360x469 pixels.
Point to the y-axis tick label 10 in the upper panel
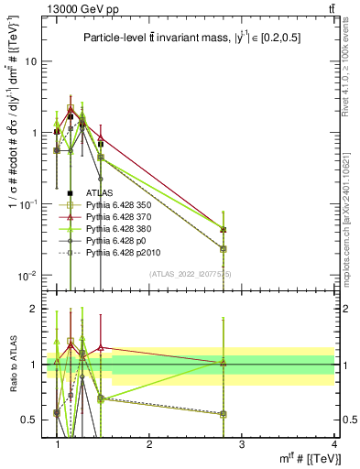tap(29, 61)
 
